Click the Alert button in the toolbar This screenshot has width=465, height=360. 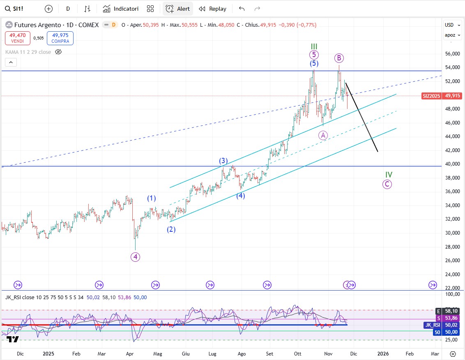178,9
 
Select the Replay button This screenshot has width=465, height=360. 212,9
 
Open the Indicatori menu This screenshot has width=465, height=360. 121,9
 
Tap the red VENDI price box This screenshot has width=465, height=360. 17,38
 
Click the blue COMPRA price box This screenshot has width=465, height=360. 60,38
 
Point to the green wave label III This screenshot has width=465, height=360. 314,46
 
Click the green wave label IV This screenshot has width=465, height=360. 389,175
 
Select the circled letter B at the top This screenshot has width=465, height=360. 338,58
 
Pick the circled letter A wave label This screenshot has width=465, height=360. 323,135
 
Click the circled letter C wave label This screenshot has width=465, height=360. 387,185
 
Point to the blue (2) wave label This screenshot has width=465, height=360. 171,229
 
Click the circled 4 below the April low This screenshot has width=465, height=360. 135,257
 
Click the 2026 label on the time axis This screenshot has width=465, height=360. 383,353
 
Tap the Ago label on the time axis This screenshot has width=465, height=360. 242,353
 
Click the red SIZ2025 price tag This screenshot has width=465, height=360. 431,96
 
